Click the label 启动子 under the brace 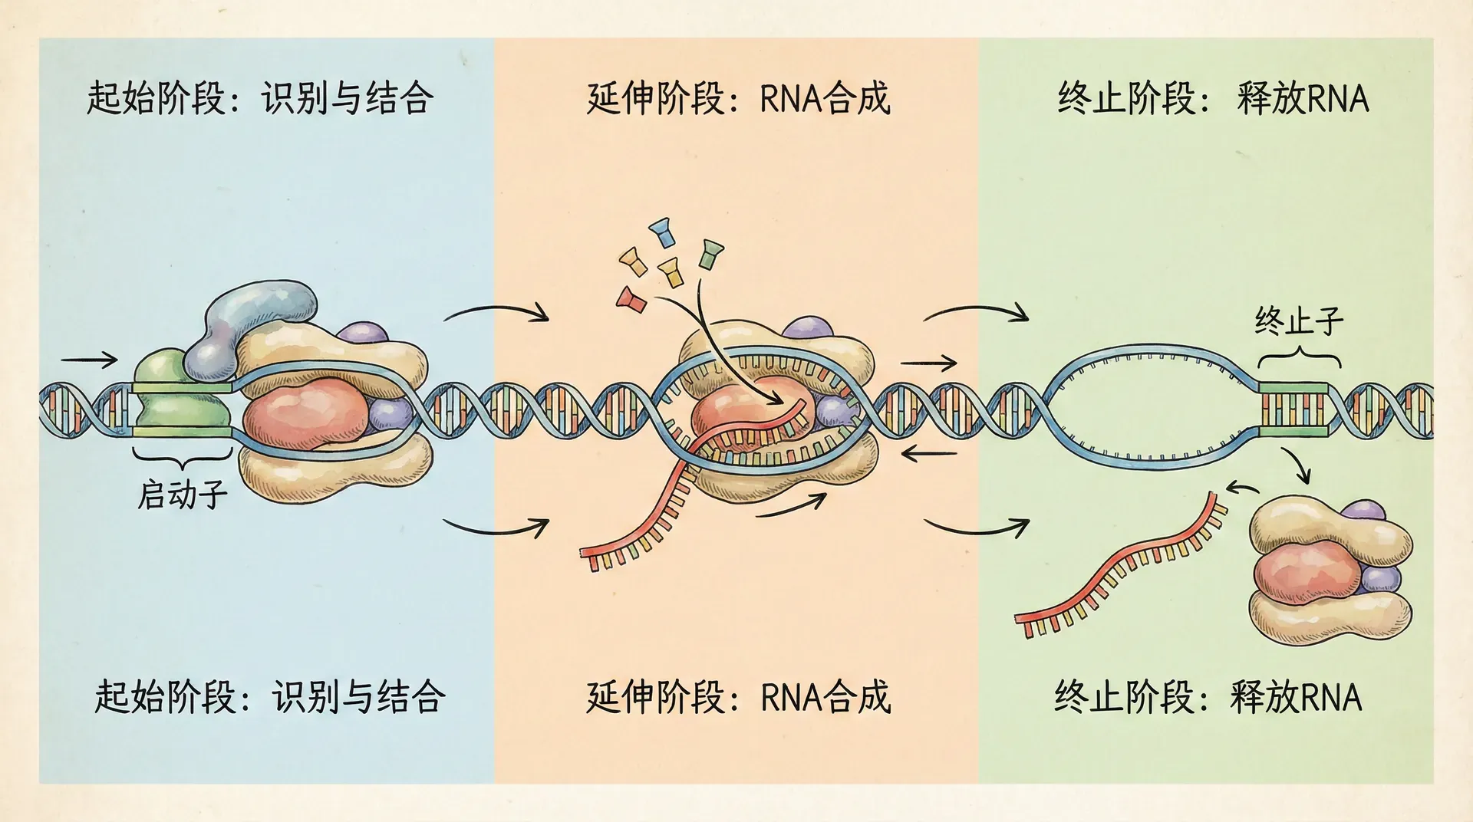pyautogui.click(x=183, y=495)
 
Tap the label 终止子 pyautogui.click(x=1299, y=321)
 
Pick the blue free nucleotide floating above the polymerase pyautogui.click(x=661, y=230)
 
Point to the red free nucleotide pyautogui.click(x=631, y=299)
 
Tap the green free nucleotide pyautogui.click(x=710, y=253)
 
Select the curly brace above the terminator pyautogui.click(x=1299, y=357)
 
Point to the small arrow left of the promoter pyautogui.click(x=88, y=360)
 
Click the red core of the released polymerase pyautogui.click(x=1304, y=571)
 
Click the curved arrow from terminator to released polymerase pyautogui.click(x=1297, y=465)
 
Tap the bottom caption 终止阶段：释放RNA pyautogui.click(x=1208, y=697)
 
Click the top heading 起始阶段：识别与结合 pyautogui.click(x=260, y=99)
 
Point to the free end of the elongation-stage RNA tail pyautogui.click(x=587, y=555)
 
